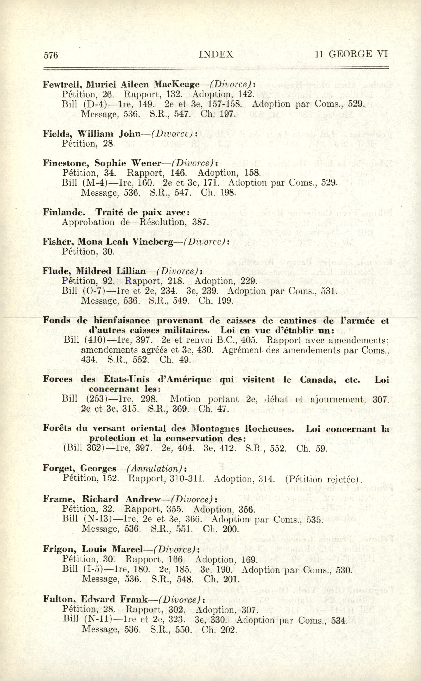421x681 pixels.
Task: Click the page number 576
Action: [x=51, y=55]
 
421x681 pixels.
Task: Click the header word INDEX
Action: [x=216, y=54]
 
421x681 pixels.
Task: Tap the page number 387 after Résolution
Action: [x=200, y=222]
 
